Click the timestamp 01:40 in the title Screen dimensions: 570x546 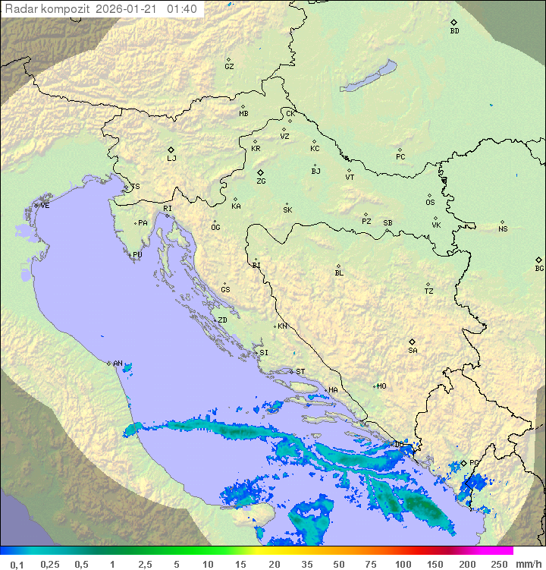click(x=182, y=9)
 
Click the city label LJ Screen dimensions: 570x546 click(x=171, y=159)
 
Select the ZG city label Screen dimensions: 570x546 click(x=261, y=181)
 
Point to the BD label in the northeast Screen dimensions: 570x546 click(x=454, y=31)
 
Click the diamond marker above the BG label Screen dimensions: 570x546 click(x=539, y=260)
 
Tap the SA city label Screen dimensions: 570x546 click(x=413, y=351)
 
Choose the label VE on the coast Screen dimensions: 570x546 click(x=45, y=206)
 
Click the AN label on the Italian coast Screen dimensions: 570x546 click(x=118, y=364)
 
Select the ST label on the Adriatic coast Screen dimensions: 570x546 click(x=300, y=372)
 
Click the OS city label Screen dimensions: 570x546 click(x=430, y=203)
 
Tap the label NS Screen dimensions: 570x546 click(x=503, y=229)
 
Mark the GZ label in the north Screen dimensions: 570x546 click(x=229, y=67)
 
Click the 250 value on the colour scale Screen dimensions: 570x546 click(x=499, y=564)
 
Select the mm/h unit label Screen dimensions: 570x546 click(x=528, y=564)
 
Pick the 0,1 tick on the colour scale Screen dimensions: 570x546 click(x=17, y=564)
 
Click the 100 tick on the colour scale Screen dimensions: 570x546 click(x=403, y=564)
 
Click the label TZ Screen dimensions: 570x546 click(x=429, y=291)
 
